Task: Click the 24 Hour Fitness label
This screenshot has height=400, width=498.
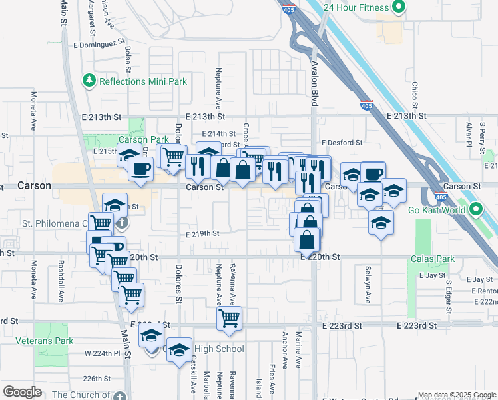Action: (356, 7)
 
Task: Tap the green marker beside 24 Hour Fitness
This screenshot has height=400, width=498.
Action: (399, 7)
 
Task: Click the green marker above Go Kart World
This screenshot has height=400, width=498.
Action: (475, 210)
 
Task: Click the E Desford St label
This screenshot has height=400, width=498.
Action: (342, 143)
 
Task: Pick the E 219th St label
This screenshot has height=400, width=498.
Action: (202, 233)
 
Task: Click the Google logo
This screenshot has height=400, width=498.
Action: (22, 392)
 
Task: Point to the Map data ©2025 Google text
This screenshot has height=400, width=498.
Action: (457, 395)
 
